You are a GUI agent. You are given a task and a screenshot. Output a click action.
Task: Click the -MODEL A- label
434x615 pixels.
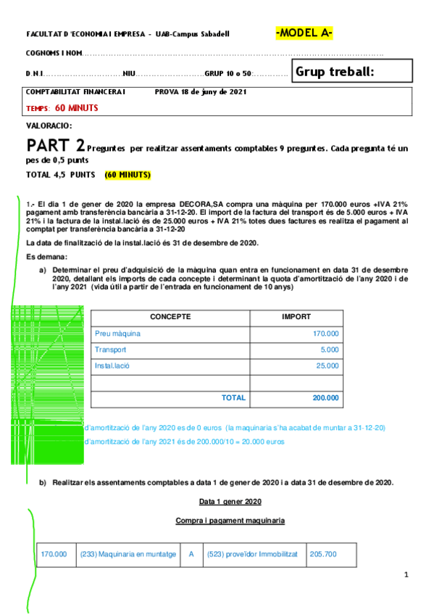coord(304,33)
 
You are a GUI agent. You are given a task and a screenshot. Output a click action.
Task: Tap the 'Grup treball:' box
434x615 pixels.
coord(352,71)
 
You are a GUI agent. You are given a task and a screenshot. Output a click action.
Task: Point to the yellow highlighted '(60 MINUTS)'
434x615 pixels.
coord(128,176)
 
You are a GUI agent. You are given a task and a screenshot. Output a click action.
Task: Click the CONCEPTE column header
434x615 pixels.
coord(170,317)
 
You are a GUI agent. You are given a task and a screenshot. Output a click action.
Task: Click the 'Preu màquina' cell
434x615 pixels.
coord(117,334)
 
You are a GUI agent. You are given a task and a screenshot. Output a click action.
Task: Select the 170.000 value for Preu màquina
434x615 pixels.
coord(325,334)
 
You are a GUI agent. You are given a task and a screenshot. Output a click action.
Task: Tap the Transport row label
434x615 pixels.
coord(110,350)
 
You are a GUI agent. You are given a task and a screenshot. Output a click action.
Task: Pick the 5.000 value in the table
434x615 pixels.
coord(329,350)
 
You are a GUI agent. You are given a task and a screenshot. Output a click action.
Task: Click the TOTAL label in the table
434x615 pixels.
coord(233,397)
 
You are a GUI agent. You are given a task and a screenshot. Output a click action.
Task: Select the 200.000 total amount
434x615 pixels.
coord(325,397)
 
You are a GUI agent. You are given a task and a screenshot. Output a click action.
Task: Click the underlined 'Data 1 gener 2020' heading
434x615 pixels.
coord(230,501)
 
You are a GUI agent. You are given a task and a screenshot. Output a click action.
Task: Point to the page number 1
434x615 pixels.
coord(406,575)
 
